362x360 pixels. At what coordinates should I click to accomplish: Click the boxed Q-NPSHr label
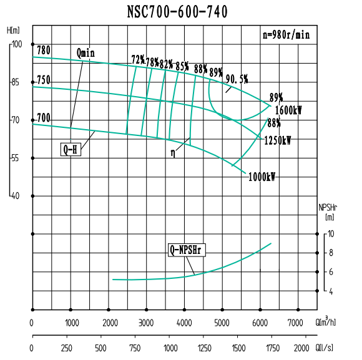click(187, 250)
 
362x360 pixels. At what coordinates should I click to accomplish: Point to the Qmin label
click(86, 52)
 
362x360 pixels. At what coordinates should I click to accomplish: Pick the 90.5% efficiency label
click(237, 79)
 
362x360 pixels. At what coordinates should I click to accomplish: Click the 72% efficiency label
click(137, 60)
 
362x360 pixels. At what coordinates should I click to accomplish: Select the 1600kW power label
click(288, 110)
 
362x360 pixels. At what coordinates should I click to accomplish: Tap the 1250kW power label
click(278, 140)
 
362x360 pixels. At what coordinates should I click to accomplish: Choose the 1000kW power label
click(262, 177)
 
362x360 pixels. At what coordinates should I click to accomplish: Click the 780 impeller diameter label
click(44, 50)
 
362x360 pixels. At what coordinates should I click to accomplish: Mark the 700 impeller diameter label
click(43, 117)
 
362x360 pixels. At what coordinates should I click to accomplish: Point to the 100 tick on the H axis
click(16, 44)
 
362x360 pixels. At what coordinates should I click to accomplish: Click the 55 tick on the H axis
click(16, 158)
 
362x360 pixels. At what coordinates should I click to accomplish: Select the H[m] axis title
click(13, 30)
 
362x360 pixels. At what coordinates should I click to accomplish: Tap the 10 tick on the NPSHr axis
click(331, 234)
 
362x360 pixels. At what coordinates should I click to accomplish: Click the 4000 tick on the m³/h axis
click(184, 322)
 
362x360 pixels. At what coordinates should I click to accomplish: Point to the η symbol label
click(173, 152)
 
